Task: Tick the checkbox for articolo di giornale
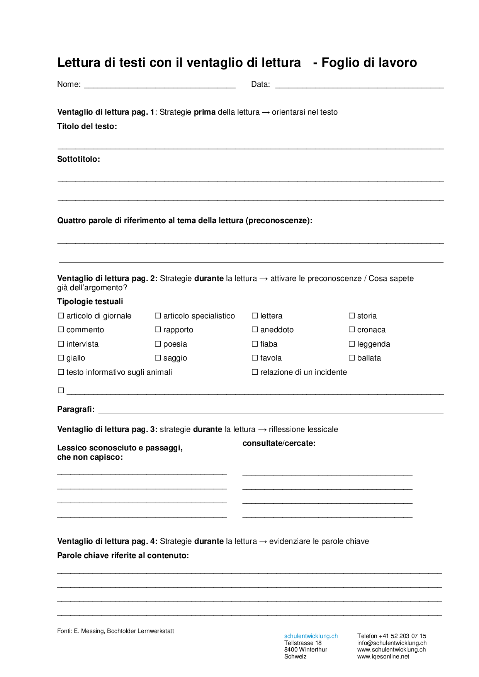click(61, 316)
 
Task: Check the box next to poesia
click(158, 344)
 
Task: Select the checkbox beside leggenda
click(352, 344)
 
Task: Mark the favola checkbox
click(255, 358)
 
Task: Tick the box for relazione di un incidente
click(255, 372)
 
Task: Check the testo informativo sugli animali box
click(61, 372)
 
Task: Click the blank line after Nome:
click(160, 85)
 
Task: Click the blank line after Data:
click(359, 85)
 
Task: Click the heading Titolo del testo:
click(87, 126)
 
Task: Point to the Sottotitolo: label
click(78, 159)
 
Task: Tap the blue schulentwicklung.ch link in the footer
click(311, 636)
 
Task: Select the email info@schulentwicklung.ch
click(392, 643)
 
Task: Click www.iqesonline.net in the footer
click(383, 657)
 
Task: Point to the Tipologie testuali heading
click(90, 301)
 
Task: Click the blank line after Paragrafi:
click(270, 410)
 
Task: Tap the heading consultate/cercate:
click(279, 443)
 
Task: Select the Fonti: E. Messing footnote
click(116, 631)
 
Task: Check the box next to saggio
click(158, 358)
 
